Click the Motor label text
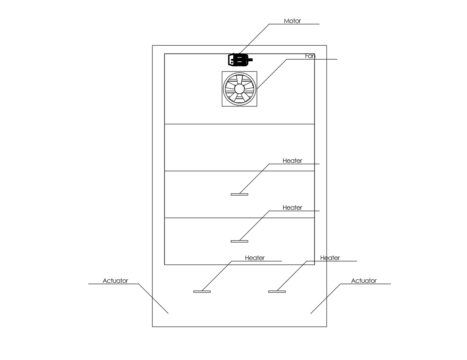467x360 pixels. coord(292,21)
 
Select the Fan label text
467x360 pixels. coord(310,56)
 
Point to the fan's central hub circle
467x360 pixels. coord(239,88)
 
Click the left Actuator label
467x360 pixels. coord(115,281)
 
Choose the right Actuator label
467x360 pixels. coord(364,281)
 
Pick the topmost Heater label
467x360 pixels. coord(292,161)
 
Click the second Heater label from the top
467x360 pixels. coord(292,207)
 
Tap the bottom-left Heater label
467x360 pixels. coord(255,258)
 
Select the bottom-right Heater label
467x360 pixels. coord(330,258)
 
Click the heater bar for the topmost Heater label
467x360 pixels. coord(239,194)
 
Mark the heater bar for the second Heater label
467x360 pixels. coord(239,241)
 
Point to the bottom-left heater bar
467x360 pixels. coord(202,292)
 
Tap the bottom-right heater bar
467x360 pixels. coord(277,292)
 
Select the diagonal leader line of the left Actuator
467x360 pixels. coord(154,298)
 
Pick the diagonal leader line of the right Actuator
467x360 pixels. coord(325,298)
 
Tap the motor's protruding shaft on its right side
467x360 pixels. coord(250,60)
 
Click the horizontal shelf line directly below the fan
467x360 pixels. coord(239,124)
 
